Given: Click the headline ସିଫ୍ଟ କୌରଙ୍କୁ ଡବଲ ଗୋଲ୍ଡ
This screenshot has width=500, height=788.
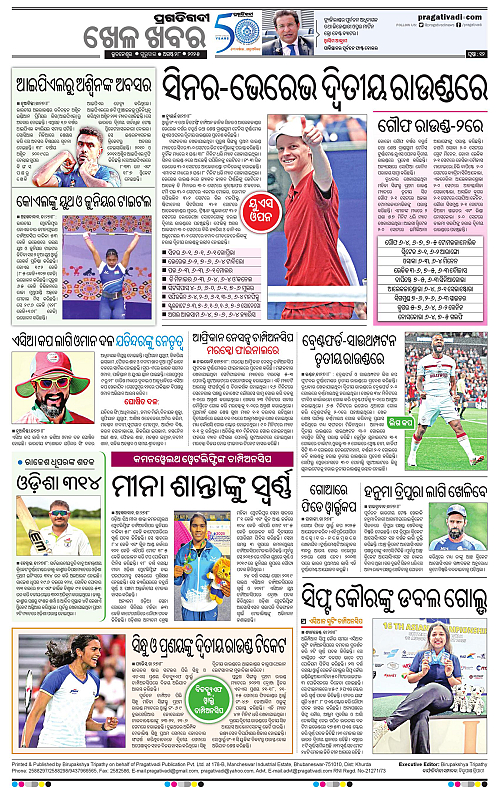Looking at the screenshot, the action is click(395, 597).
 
